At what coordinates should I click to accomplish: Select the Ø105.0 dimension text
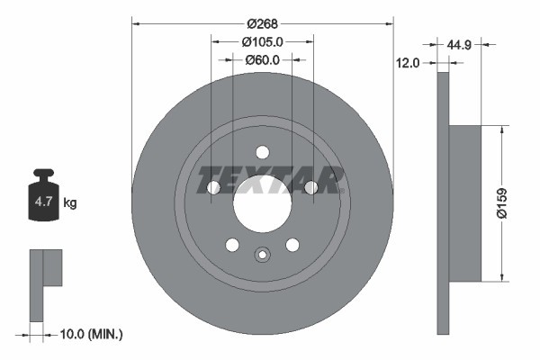click(x=263, y=41)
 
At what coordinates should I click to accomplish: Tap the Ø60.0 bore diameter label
click(x=263, y=60)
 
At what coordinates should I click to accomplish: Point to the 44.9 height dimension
click(x=461, y=42)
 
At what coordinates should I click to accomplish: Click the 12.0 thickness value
click(x=409, y=63)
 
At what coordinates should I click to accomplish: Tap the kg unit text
click(x=70, y=203)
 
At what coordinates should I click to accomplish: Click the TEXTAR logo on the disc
click(x=271, y=179)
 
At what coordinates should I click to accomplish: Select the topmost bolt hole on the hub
click(x=262, y=152)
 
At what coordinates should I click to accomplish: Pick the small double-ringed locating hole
click(x=262, y=254)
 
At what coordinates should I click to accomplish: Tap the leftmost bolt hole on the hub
click(x=213, y=187)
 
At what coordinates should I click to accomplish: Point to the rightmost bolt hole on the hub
click(x=310, y=187)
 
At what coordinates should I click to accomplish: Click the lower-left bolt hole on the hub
click(x=232, y=245)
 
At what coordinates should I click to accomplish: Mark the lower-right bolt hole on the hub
click(x=292, y=245)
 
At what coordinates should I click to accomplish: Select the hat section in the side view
click(x=464, y=203)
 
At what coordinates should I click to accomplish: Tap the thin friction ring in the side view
click(x=442, y=203)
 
